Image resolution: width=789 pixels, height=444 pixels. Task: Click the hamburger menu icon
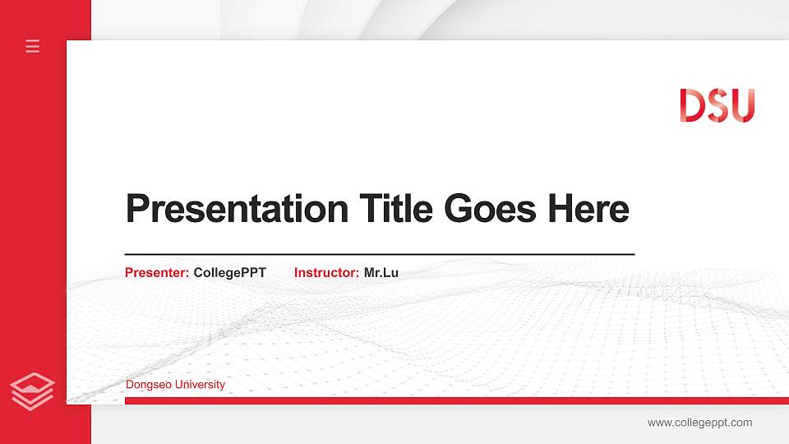pyautogui.click(x=33, y=46)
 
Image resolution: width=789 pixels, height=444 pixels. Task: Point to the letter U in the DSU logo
pyautogui.click(x=741, y=106)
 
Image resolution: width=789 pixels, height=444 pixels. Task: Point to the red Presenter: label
pyautogui.click(x=157, y=272)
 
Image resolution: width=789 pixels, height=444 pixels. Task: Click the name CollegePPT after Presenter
pyautogui.click(x=230, y=272)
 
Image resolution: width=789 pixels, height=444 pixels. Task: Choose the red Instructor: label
pyautogui.click(x=326, y=272)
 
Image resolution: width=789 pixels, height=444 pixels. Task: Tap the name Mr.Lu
pyautogui.click(x=381, y=272)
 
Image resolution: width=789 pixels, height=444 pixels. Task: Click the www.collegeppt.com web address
pyautogui.click(x=699, y=423)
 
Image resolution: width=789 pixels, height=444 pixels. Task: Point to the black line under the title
pyautogui.click(x=380, y=254)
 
